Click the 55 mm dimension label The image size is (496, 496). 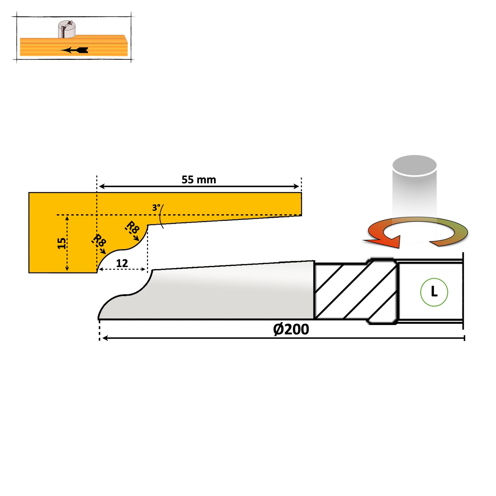click(x=199, y=180)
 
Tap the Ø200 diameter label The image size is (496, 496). click(x=291, y=329)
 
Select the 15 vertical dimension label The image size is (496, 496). click(x=61, y=243)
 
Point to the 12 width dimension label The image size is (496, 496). click(x=122, y=263)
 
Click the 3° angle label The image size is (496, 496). click(x=156, y=207)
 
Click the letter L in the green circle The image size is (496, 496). click(x=434, y=292)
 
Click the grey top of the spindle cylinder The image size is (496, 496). click(x=414, y=165)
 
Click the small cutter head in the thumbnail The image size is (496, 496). click(x=67, y=29)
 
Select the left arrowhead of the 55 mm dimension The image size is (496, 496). click(x=102, y=186)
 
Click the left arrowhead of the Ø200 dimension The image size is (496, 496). click(x=105, y=338)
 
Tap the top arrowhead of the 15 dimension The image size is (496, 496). click(x=67, y=218)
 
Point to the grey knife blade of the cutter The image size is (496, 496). click(x=218, y=295)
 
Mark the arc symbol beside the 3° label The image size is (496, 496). click(x=161, y=216)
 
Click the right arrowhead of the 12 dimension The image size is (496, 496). click(x=143, y=269)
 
